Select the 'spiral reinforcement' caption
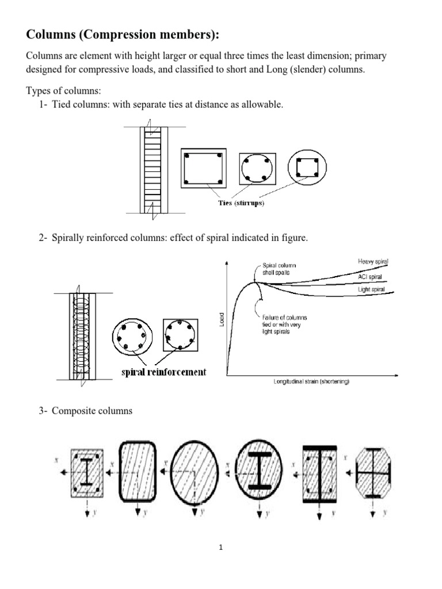(163, 372)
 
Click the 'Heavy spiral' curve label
(372, 262)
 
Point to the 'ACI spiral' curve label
(370, 276)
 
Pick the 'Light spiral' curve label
(371, 289)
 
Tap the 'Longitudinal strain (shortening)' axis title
(311, 382)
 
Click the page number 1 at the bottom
(221, 548)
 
